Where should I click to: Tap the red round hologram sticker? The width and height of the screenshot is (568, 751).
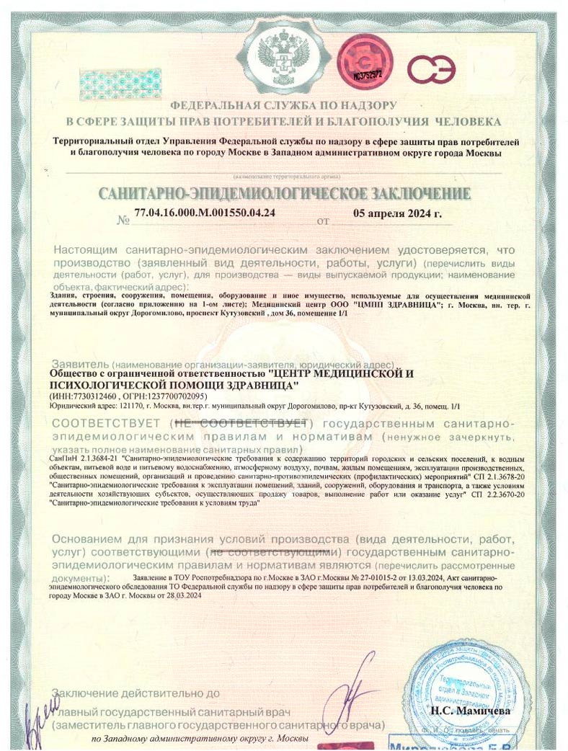point(367,59)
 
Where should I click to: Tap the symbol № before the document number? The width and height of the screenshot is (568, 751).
point(122,221)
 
